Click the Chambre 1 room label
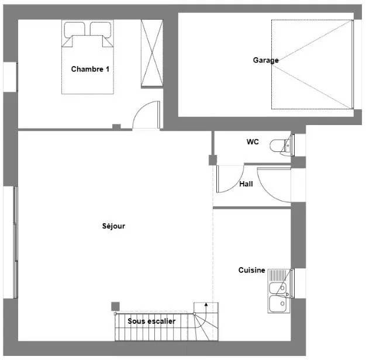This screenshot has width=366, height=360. click(90, 69)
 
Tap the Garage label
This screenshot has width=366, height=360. click(265, 60)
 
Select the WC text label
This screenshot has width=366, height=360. click(253, 142)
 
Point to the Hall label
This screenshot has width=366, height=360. click(246, 184)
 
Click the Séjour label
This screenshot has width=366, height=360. click(113, 226)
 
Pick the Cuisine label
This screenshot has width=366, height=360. click(251, 270)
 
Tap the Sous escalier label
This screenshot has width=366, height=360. click(151, 321)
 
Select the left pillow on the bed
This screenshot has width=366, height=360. click(74, 29)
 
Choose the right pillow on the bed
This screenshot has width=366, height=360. click(101, 29)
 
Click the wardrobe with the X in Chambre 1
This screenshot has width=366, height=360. click(152, 53)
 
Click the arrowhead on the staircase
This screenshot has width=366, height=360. click(206, 304)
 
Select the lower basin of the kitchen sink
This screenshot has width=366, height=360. click(278, 303)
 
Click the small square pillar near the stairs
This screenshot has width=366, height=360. click(115, 306)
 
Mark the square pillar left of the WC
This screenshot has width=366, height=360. click(213, 160)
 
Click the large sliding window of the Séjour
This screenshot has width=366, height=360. click(15, 243)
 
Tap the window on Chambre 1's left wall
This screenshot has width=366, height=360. click(17, 77)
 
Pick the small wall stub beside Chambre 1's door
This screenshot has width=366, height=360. click(116, 127)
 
